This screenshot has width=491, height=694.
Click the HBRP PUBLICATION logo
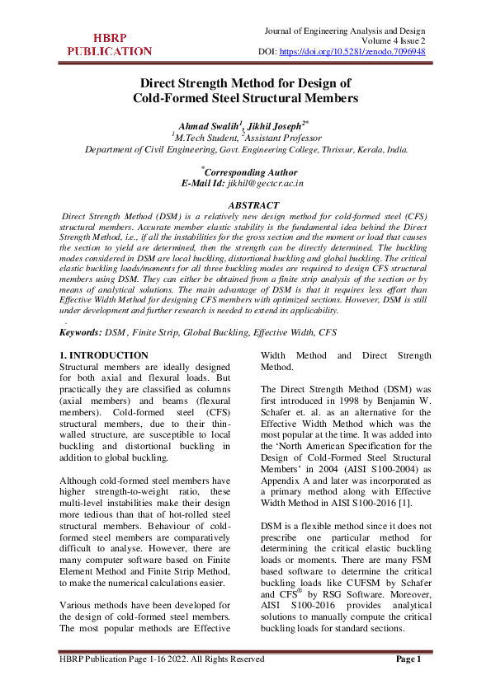coord(110,45)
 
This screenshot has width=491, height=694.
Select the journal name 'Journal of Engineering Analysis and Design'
coord(345,30)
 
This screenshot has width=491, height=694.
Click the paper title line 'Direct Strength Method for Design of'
coord(245,83)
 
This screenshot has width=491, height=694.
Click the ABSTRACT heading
coord(245,205)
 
